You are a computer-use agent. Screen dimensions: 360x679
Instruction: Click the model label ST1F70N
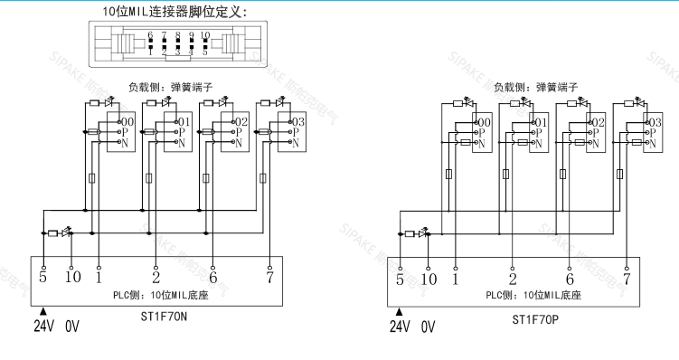(164, 317)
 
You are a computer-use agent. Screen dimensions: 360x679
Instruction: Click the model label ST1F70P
(536, 318)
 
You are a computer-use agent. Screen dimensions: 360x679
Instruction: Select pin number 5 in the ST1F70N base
(43, 276)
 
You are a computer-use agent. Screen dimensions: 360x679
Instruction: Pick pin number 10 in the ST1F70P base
(429, 279)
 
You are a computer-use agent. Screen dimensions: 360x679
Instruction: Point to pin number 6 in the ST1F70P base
(570, 279)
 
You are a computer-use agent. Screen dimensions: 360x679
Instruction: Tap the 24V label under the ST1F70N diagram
(45, 327)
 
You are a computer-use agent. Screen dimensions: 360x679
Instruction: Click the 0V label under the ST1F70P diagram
(429, 327)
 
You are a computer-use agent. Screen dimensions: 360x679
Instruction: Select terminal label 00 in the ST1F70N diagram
(127, 121)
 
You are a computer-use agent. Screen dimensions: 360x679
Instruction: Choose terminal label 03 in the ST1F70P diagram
(654, 122)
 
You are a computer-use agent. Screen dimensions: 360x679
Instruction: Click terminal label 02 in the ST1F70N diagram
(241, 121)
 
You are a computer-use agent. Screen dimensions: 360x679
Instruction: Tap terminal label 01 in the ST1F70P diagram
(541, 122)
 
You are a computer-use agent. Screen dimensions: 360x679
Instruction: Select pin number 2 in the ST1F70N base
(156, 276)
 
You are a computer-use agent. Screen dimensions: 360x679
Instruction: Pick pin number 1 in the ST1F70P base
(455, 279)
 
